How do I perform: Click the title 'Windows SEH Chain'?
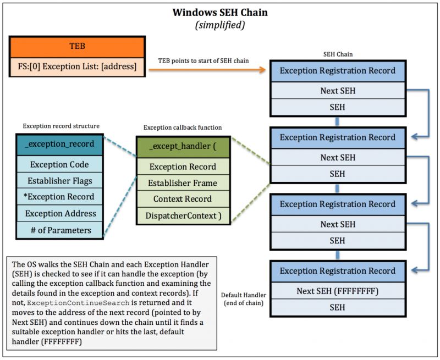(220, 12)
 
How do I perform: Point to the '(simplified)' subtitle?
(220, 25)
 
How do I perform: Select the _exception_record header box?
(59, 144)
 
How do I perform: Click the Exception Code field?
(59, 164)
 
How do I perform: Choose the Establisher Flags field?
(59, 180)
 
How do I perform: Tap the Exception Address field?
(59, 213)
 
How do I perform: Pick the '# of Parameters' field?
(59, 230)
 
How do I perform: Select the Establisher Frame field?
(183, 182)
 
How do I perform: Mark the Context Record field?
(183, 199)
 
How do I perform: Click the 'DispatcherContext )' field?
(183, 215)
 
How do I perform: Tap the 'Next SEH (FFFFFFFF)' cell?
(337, 291)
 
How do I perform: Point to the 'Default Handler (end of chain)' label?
(243, 298)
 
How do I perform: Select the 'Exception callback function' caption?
(183, 127)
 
